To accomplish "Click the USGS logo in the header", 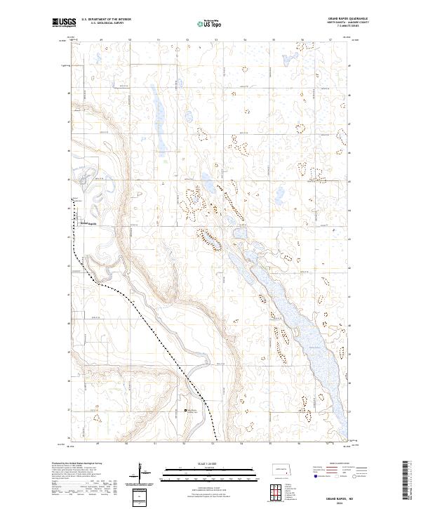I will pos(63,23).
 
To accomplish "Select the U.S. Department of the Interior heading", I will pos(106,20).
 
